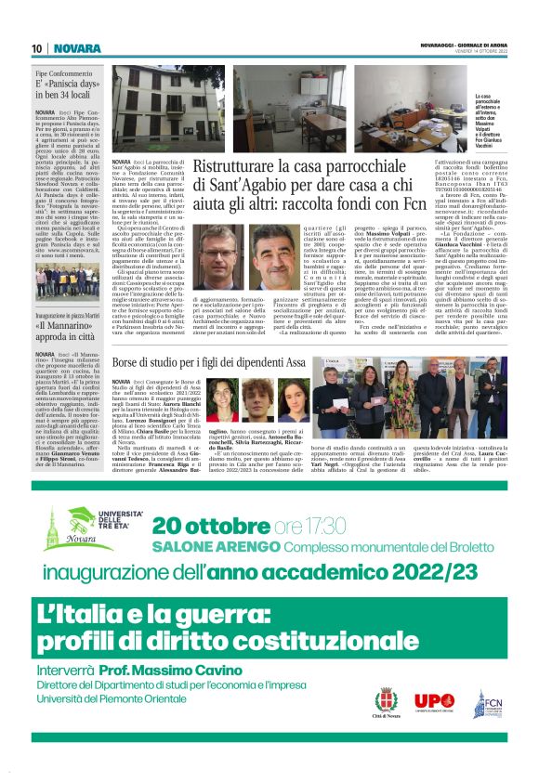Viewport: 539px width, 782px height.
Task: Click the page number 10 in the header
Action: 37,48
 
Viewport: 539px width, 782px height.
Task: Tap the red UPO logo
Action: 434,701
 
